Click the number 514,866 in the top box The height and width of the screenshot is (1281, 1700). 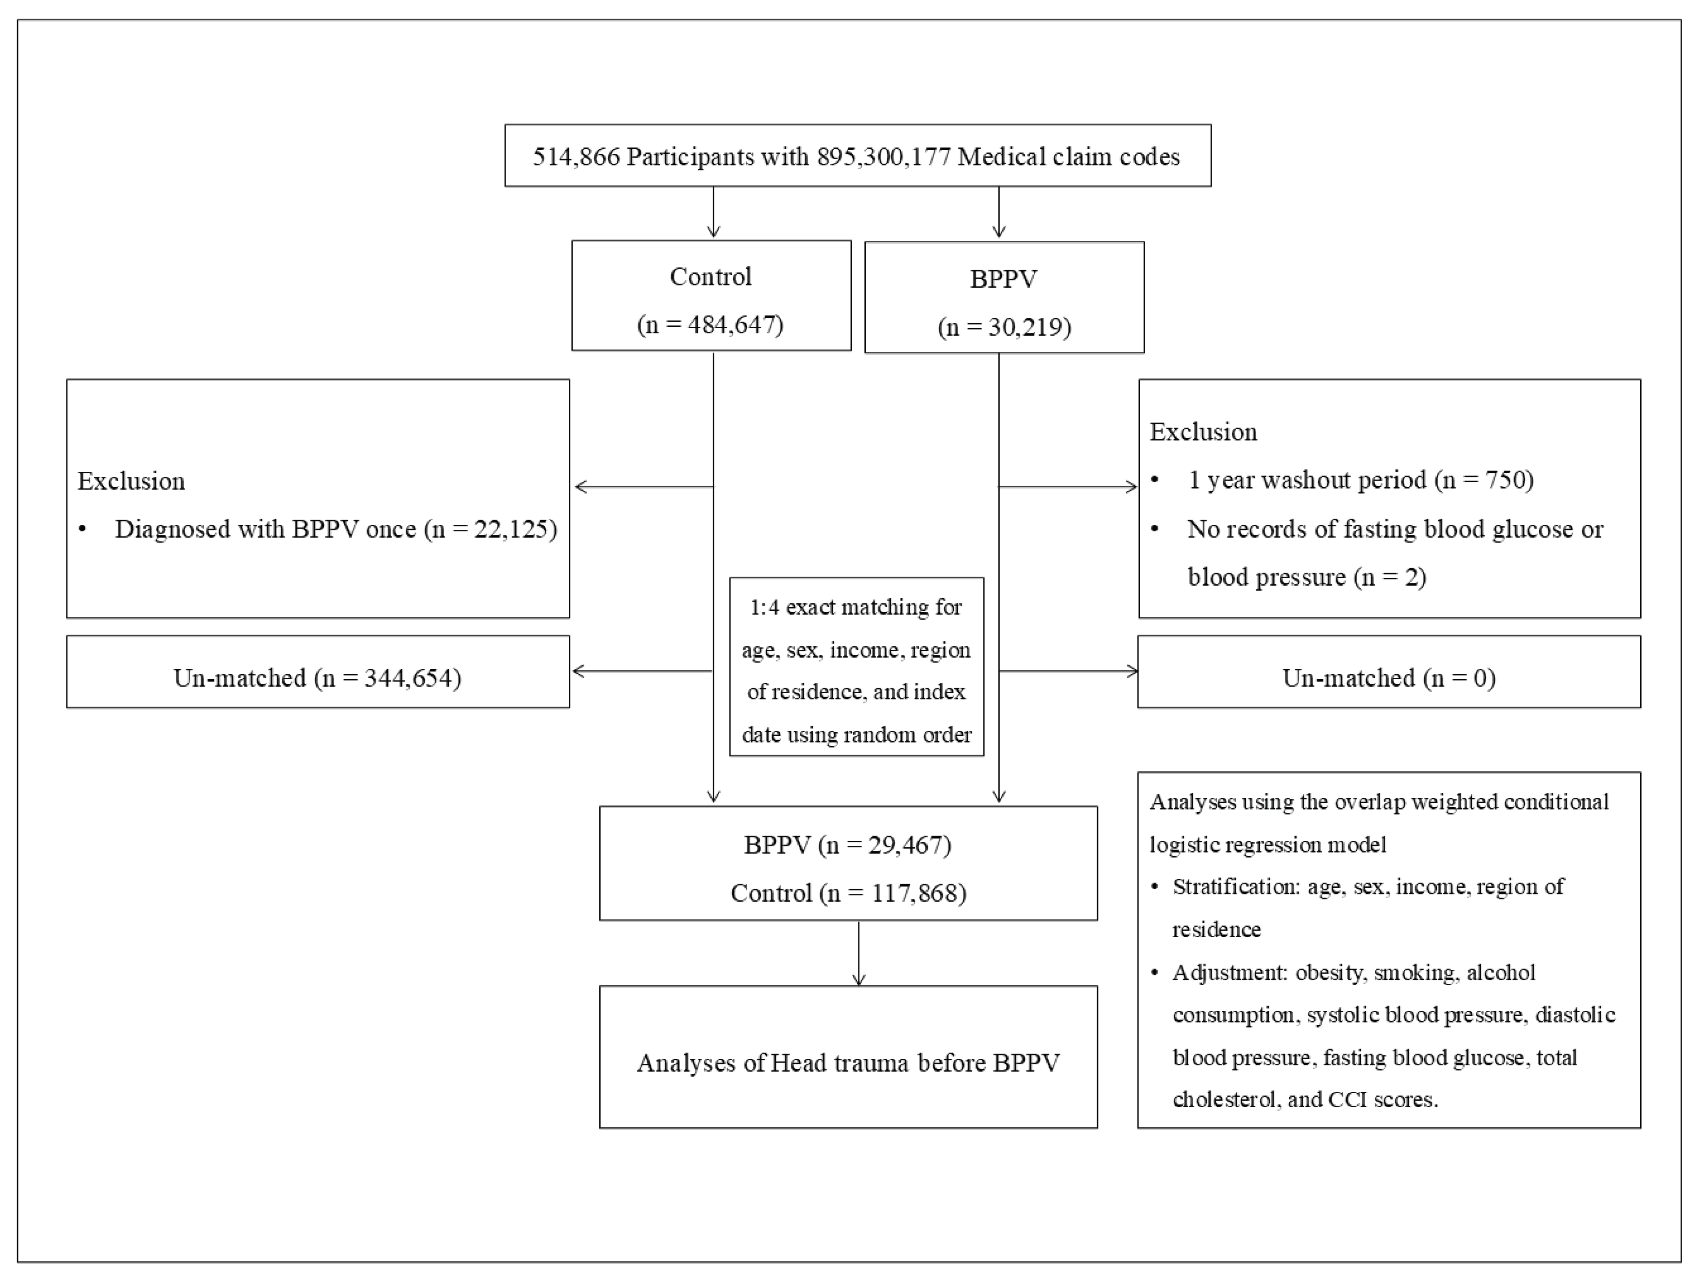[576, 157]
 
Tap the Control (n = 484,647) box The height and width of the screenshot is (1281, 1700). [711, 296]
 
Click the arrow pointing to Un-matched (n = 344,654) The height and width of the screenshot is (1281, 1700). [584, 671]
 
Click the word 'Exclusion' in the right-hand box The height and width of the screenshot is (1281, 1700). [1203, 432]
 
